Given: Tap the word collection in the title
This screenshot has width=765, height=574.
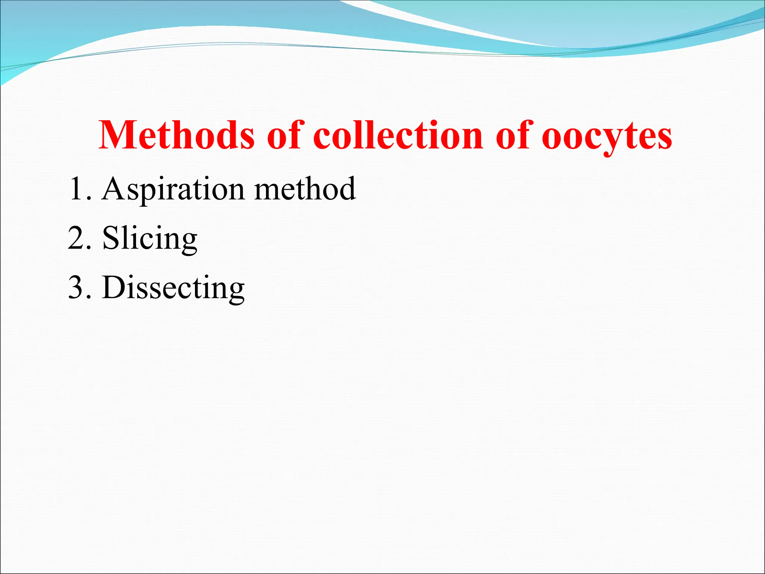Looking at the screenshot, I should pos(398,135).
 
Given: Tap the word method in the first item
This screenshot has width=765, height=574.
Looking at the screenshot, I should pos(305,189).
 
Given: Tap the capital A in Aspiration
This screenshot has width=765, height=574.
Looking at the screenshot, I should pos(114,189).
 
